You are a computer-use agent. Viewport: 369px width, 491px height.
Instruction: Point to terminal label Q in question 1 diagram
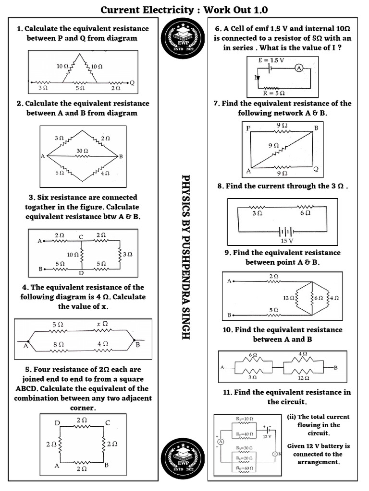click(x=132, y=82)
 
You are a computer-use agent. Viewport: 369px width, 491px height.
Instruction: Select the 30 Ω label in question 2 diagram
click(x=82, y=151)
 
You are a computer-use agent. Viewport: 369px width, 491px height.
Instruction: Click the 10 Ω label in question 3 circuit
click(x=73, y=255)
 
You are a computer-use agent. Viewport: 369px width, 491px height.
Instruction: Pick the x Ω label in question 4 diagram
click(x=102, y=324)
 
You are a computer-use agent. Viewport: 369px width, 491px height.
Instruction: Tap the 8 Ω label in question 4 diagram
click(x=58, y=344)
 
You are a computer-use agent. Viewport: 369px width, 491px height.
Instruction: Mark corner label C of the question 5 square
click(x=108, y=422)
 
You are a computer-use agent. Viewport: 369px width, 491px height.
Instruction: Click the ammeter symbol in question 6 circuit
click(x=298, y=68)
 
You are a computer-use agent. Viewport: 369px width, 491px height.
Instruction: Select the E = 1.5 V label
click(x=271, y=60)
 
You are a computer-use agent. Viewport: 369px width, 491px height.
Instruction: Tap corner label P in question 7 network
click(x=248, y=128)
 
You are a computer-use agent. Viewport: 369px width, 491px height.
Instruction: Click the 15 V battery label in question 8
click(x=287, y=241)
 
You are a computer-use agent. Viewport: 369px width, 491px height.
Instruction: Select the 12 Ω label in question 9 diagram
click(x=289, y=298)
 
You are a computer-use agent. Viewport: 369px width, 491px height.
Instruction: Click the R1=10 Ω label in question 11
click(x=245, y=419)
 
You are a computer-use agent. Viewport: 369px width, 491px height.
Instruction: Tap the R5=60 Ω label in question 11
click(x=245, y=468)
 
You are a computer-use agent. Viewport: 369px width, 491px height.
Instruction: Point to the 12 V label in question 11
click(x=267, y=436)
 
